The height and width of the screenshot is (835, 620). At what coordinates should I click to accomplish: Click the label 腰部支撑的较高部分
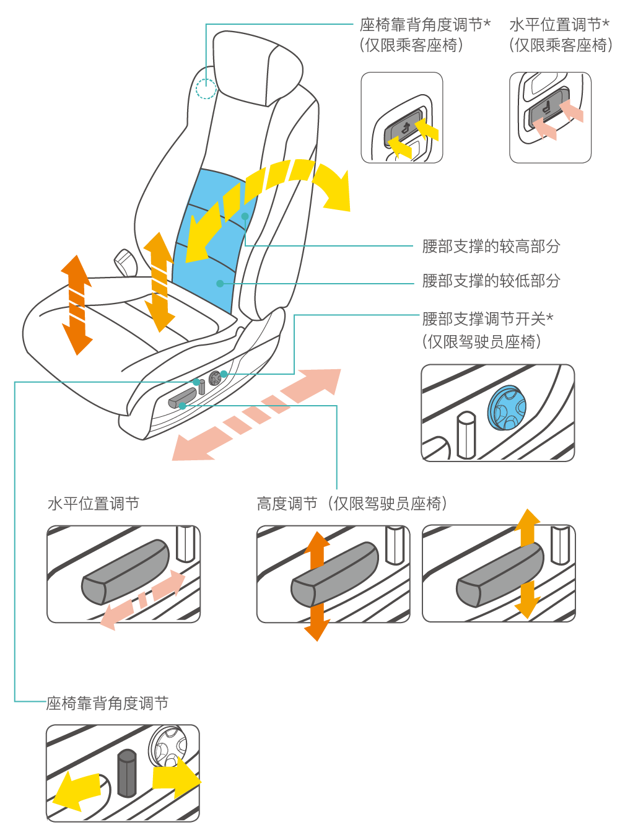pyautogui.click(x=491, y=247)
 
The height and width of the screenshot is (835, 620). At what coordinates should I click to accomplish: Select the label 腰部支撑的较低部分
pyautogui.click(x=491, y=281)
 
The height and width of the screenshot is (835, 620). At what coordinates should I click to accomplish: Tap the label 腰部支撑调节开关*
pyautogui.click(x=487, y=319)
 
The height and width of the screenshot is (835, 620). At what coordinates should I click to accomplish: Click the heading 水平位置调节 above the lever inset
pyautogui.click(x=94, y=504)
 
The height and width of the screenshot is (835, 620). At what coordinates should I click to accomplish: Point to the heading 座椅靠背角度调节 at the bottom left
pyautogui.click(x=107, y=703)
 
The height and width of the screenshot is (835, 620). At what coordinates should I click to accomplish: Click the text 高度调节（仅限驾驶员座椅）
pyautogui.click(x=352, y=504)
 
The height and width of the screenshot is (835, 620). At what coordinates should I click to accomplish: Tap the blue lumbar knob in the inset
pyautogui.click(x=507, y=408)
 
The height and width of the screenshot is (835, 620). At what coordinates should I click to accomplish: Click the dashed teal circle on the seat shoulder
pyautogui.click(x=206, y=89)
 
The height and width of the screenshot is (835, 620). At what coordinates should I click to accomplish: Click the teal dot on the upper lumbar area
pyautogui.click(x=245, y=216)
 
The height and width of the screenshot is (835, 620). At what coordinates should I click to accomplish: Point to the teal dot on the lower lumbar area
pyautogui.click(x=220, y=284)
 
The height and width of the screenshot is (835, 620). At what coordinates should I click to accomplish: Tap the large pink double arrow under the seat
pyautogui.click(x=256, y=414)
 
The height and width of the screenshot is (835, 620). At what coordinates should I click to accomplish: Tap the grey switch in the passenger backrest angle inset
pyautogui.click(x=403, y=128)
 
